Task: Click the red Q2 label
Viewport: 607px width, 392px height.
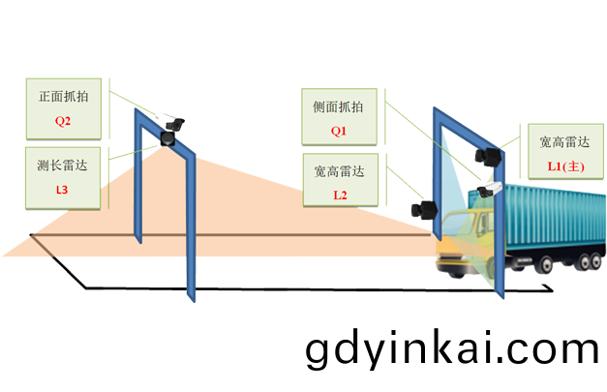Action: (x=64, y=123)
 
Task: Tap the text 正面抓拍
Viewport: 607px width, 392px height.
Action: (x=64, y=100)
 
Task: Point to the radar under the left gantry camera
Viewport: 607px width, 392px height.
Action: (x=167, y=138)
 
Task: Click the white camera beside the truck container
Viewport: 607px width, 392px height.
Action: (x=490, y=189)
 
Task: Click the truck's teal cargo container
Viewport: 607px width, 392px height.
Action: (x=547, y=218)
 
